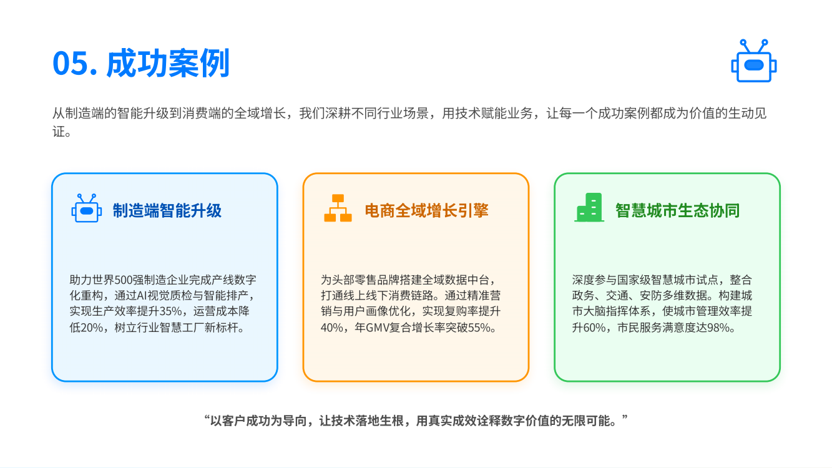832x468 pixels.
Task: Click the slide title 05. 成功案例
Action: click(141, 64)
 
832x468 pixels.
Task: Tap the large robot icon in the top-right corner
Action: click(753, 61)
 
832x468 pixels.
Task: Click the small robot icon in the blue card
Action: click(87, 208)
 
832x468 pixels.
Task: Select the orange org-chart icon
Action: click(338, 208)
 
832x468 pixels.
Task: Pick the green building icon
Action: click(589, 208)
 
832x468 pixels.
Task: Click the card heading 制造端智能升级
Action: click(167, 211)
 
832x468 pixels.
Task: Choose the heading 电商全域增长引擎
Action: click(426, 211)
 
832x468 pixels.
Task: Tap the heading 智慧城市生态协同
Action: click(677, 211)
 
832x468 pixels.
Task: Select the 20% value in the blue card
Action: click(92, 328)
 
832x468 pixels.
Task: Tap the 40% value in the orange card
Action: click(332, 328)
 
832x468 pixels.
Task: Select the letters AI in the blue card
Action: click(142, 296)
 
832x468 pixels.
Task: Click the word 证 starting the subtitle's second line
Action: click(59, 132)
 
